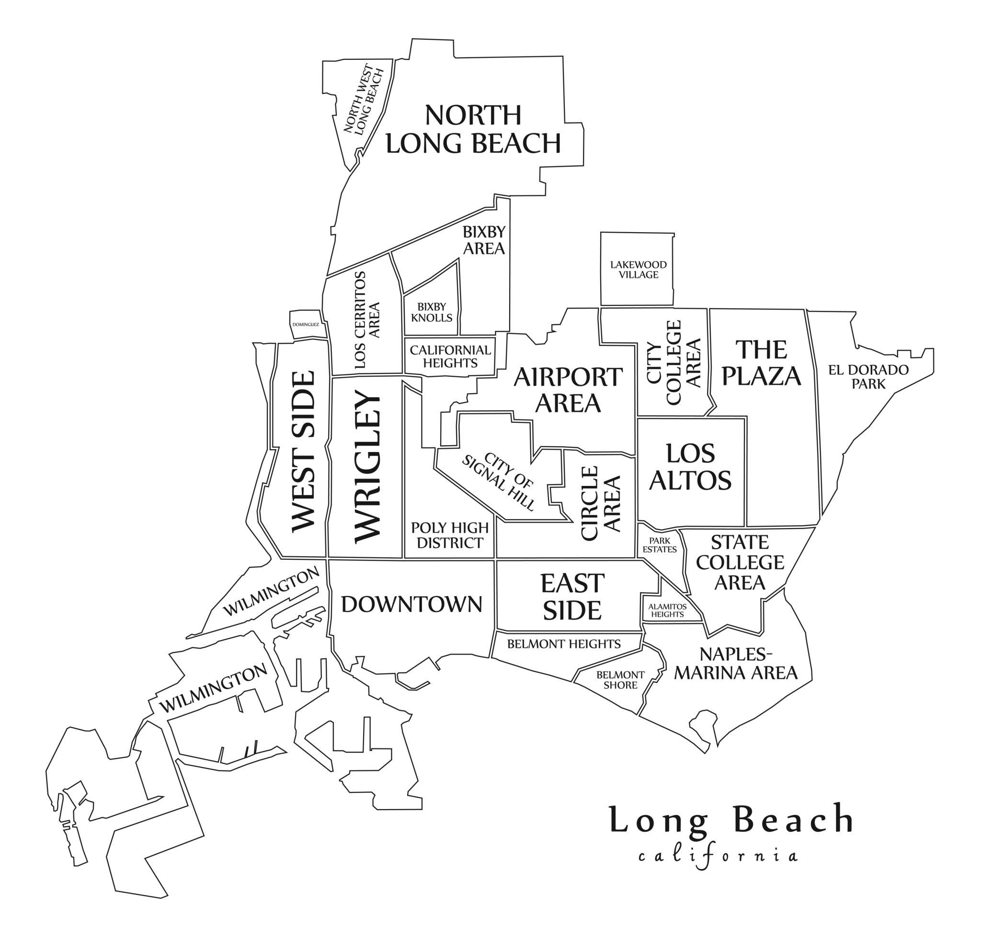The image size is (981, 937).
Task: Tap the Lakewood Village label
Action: pyautogui.click(x=638, y=270)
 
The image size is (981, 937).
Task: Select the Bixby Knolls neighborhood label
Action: pyautogui.click(x=431, y=312)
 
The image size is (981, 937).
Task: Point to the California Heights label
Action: pyautogui.click(x=450, y=357)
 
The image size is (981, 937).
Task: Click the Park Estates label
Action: pyautogui.click(x=659, y=545)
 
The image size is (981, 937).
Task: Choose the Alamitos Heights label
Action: pyautogui.click(x=667, y=610)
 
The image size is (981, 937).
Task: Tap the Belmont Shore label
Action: pyautogui.click(x=620, y=680)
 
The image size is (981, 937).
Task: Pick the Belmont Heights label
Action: pyautogui.click(x=564, y=644)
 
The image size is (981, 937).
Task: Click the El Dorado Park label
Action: pyautogui.click(x=868, y=377)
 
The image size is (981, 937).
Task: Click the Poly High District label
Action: pyautogui.click(x=450, y=535)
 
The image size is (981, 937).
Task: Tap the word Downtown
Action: pyautogui.click(x=411, y=604)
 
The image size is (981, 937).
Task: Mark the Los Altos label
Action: pyautogui.click(x=691, y=467)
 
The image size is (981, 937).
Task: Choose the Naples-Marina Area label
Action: pyautogui.click(x=736, y=664)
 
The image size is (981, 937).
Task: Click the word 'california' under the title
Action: pyautogui.click(x=718, y=856)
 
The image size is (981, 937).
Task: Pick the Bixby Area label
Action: pyautogui.click(x=484, y=240)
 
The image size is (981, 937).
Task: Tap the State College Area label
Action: pyautogui.click(x=740, y=563)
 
